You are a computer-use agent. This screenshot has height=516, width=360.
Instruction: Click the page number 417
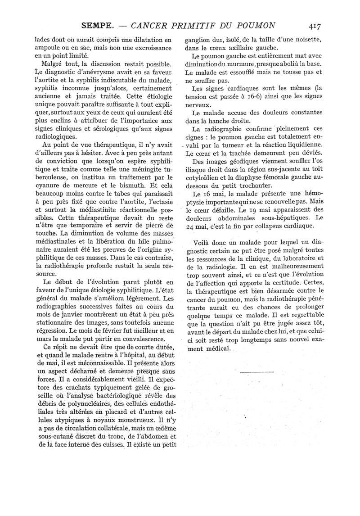312,26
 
